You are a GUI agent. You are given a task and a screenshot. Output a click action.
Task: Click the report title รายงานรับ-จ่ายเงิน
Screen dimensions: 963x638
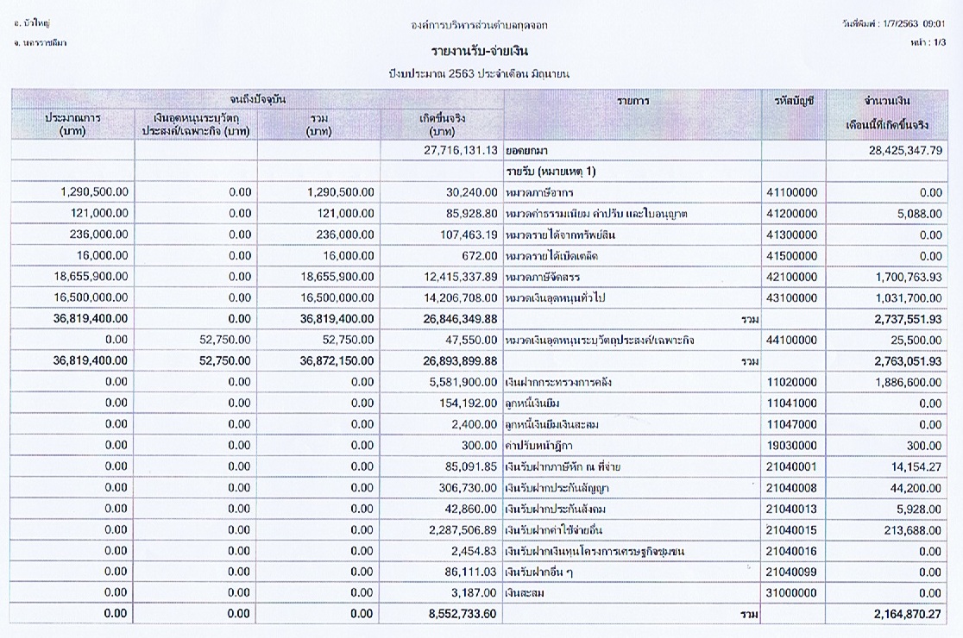point(480,51)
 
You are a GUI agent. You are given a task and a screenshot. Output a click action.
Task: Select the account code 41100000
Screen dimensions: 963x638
point(791,192)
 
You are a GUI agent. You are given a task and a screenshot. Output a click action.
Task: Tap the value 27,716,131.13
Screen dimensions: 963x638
point(461,150)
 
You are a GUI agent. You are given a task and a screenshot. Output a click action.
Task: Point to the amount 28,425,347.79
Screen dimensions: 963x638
point(905,151)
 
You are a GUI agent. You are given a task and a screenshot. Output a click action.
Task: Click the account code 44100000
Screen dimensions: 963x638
point(791,341)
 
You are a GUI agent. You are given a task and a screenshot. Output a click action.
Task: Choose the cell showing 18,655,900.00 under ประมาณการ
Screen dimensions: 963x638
point(91,277)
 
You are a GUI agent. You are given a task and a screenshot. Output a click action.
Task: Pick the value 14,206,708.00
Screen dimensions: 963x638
point(461,298)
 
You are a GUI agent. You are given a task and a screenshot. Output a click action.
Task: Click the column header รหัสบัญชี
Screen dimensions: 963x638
point(794,101)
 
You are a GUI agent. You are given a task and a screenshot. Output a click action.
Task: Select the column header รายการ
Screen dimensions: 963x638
point(633,101)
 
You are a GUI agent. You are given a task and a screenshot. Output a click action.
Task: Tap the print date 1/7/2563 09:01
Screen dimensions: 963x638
point(914,24)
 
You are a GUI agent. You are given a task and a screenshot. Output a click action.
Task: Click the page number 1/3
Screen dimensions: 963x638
point(939,42)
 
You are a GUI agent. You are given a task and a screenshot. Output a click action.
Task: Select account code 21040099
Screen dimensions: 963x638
point(791,572)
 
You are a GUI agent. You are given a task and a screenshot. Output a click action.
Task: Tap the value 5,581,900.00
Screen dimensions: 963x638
point(463,382)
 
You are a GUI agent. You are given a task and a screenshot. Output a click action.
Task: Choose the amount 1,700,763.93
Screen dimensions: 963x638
point(909,278)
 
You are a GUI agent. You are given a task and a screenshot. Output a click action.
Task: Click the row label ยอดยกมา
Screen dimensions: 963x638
point(526,151)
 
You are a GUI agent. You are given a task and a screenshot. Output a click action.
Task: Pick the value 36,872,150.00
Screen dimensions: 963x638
point(337,361)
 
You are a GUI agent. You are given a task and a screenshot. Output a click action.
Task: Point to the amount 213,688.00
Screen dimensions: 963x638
point(913,530)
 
